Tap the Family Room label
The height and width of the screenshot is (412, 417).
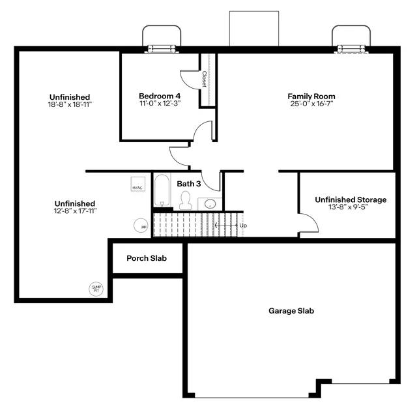coord(311,96)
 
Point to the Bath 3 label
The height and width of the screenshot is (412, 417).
coord(189,184)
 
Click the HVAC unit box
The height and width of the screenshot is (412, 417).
coord(137,184)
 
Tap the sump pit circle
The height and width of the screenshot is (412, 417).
coord(96,288)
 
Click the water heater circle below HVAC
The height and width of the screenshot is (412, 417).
coord(141,225)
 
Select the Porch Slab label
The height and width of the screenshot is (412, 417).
coord(147,258)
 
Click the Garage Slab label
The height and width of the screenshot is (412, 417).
coord(291,311)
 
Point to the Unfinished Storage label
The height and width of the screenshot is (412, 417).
coord(351,199)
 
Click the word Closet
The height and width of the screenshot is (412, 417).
coord(204,79)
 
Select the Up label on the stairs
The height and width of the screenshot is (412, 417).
coord(243,226)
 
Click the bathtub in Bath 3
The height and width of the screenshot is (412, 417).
coord(162,191)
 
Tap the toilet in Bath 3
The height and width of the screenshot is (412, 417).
coord(185,200)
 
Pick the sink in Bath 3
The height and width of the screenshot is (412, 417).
coord(210,204)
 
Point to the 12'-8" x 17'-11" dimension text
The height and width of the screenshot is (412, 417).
coord(75,211)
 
